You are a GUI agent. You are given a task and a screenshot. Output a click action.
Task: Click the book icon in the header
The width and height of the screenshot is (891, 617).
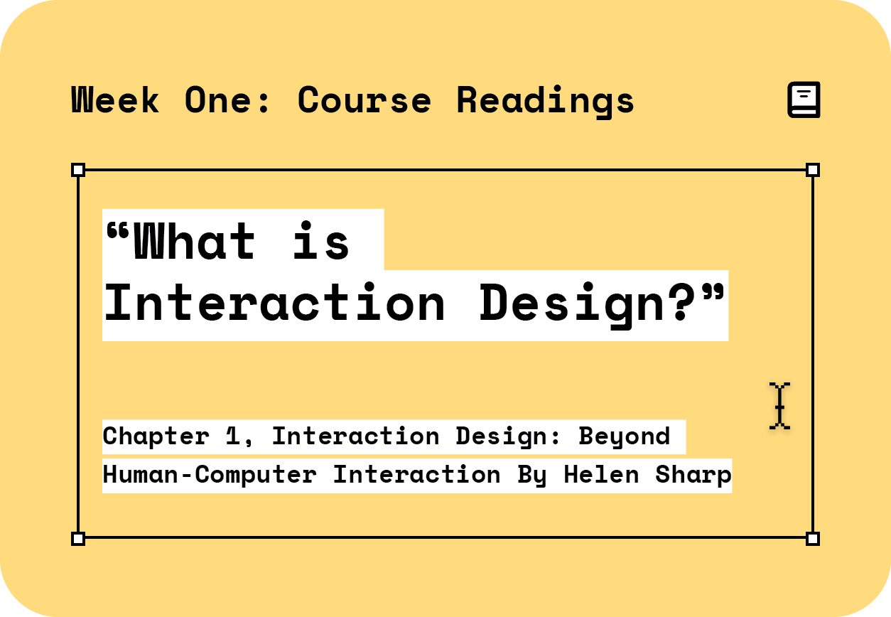(x=804, y=100)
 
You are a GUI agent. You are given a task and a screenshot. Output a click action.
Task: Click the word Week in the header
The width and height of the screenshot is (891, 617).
(x=115, y=100)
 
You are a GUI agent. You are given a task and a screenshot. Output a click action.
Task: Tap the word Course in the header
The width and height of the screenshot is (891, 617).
(x=364, y=100)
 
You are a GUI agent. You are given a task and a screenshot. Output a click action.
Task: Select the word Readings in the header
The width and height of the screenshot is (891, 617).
(x=546, y=102)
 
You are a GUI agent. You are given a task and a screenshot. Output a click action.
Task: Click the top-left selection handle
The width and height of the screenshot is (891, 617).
(x=78, y=170)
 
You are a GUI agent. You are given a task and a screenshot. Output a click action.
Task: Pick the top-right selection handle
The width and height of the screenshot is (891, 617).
(x=813, y=170)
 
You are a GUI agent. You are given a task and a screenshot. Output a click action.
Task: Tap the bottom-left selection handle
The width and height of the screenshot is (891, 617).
(x=78, y=539)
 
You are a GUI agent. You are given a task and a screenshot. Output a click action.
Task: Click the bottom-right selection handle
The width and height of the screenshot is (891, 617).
(x=813, y=539)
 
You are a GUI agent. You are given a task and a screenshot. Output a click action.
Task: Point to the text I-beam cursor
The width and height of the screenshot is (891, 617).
(x=779, y=406)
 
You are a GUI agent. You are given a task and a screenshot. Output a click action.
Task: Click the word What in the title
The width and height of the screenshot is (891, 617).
(x=194, y=240)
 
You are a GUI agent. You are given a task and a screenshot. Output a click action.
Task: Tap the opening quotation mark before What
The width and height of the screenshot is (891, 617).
(x=118, y=231)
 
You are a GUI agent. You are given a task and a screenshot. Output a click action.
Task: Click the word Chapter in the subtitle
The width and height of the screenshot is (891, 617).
(x=156, y=436)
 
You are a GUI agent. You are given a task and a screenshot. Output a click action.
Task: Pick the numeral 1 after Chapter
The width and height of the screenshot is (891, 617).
(x=232, y=436)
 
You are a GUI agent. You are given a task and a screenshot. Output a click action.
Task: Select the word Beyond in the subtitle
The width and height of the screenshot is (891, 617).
(x=624, y=437)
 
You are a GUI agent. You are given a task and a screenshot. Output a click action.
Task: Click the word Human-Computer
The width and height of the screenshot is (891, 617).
(x=210, y=476)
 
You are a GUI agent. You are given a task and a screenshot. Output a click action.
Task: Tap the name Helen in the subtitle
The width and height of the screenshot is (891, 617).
(x=601, y=475)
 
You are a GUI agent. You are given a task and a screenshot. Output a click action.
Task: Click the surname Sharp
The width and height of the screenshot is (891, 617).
(x=693, y=476)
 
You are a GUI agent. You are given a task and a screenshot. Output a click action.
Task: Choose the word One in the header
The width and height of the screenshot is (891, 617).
(x=218, y=100)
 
